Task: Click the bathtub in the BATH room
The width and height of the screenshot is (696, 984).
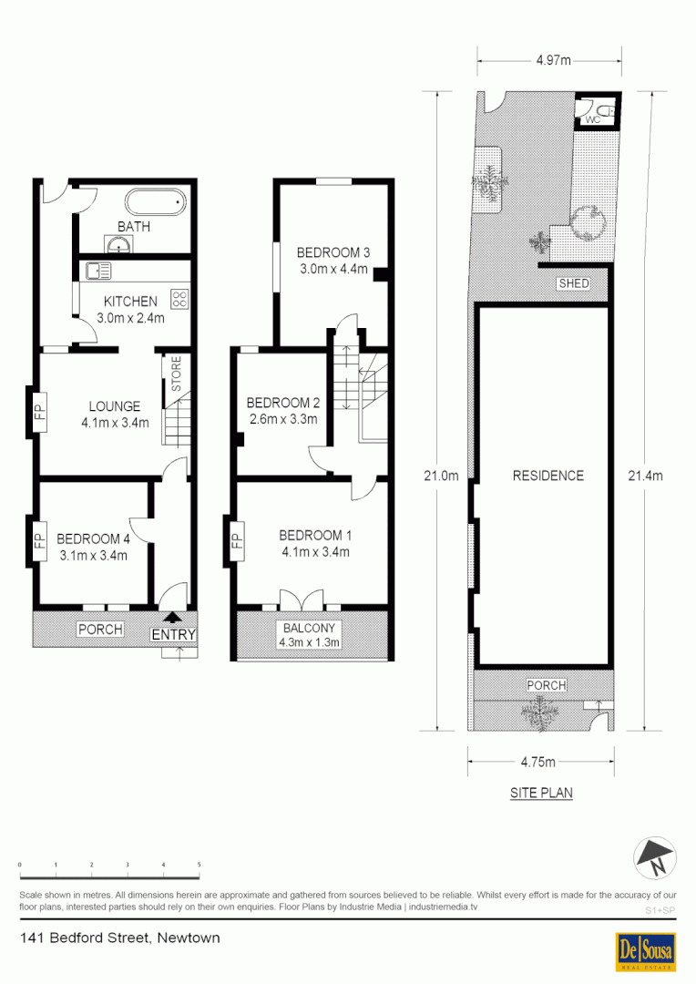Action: [x=154, y=201]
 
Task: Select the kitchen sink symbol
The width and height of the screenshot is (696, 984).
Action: [x=97, y=270]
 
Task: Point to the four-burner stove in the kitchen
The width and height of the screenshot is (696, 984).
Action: [x=179, y=297]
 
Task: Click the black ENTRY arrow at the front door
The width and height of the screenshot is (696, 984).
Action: [x=175, y=618]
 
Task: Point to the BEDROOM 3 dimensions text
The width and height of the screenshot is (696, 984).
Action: [x=333, y=269]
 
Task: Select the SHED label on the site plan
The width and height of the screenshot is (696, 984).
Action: [x=574, y=284]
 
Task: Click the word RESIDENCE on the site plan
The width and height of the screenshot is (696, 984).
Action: [x=548, y=475]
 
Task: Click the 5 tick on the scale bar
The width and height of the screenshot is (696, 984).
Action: [x=199, y=864]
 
